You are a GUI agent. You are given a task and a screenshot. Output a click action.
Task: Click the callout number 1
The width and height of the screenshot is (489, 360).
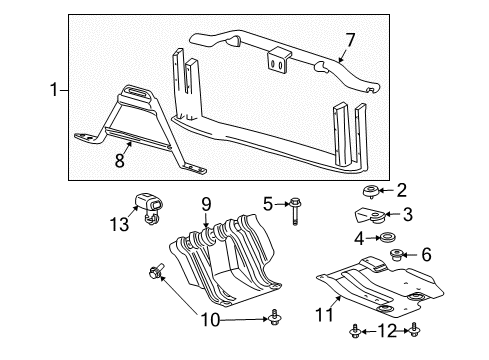point(54,90)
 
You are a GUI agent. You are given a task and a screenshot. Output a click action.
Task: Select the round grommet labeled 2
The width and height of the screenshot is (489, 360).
point(373,191)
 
